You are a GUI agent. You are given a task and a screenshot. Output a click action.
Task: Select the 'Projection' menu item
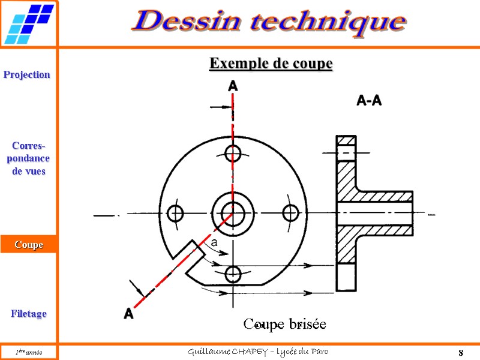coord(27,74)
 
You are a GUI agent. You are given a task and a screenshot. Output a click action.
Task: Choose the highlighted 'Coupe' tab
coord(29,244)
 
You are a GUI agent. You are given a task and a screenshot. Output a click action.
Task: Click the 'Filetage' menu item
coord(28,314)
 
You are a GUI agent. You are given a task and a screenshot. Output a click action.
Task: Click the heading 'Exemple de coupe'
coord(270,63)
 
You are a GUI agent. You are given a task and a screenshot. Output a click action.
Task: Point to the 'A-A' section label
coord(369,101)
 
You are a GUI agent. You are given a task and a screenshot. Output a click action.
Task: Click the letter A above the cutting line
coord(233,87)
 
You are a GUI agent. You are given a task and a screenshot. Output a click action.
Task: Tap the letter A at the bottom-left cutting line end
coord(128,313)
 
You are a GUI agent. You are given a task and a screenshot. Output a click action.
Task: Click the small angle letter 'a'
coord(214,244)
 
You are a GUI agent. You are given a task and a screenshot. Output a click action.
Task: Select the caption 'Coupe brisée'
coord(284,325)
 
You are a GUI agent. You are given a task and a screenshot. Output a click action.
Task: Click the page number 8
coord(460,352)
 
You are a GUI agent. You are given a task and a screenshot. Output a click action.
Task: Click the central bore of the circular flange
coord(232,212)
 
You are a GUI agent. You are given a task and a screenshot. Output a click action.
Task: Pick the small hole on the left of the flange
coord(175,213)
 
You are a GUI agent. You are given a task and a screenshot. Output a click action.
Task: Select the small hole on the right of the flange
coord(290,212)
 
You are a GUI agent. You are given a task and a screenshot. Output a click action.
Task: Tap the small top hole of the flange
coord(233,152)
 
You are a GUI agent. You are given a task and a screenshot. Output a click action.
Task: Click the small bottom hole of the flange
coord(233,274)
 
